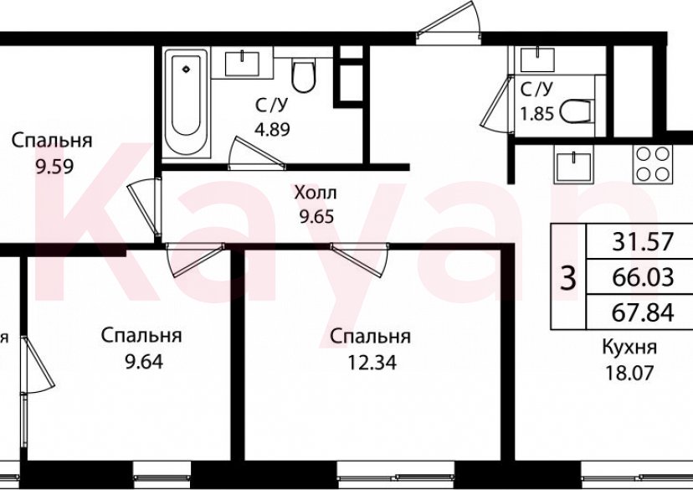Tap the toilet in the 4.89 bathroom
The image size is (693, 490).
pyautogui.click(x=302, y=75)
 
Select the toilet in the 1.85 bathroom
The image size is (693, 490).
pyautogui.click(x=576, y=110)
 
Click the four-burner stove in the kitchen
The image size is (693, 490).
pyautogui.click(x=653, y=164)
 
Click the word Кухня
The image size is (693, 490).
pyautogui.click(x=629, y=348)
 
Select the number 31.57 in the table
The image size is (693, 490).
pyautogui.click(x=643, y=242)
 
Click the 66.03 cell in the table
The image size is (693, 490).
pyautogui.click(x=643, y=277)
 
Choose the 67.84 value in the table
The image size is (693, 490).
pyautogui.click(x=643, y=312)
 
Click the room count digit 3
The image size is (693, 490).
pyautogui.click(x=568, y=277)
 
